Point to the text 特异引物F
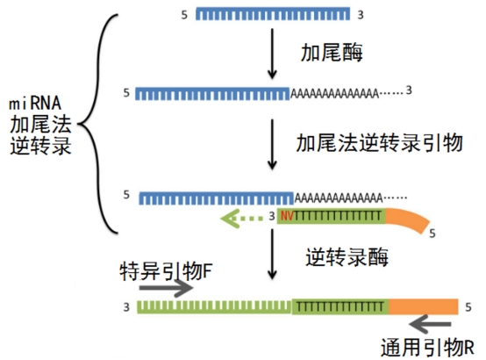(167, 272)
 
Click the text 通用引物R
(427, 347)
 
